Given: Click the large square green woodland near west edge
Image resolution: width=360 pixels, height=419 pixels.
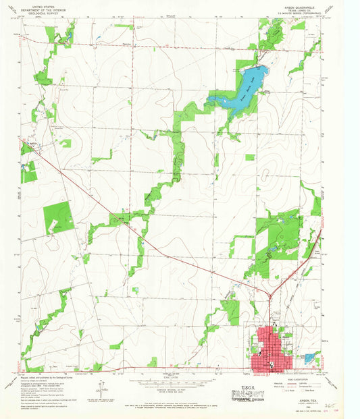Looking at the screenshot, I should (59, 218).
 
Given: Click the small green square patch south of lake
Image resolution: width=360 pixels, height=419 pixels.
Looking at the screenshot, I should (250, 157).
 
